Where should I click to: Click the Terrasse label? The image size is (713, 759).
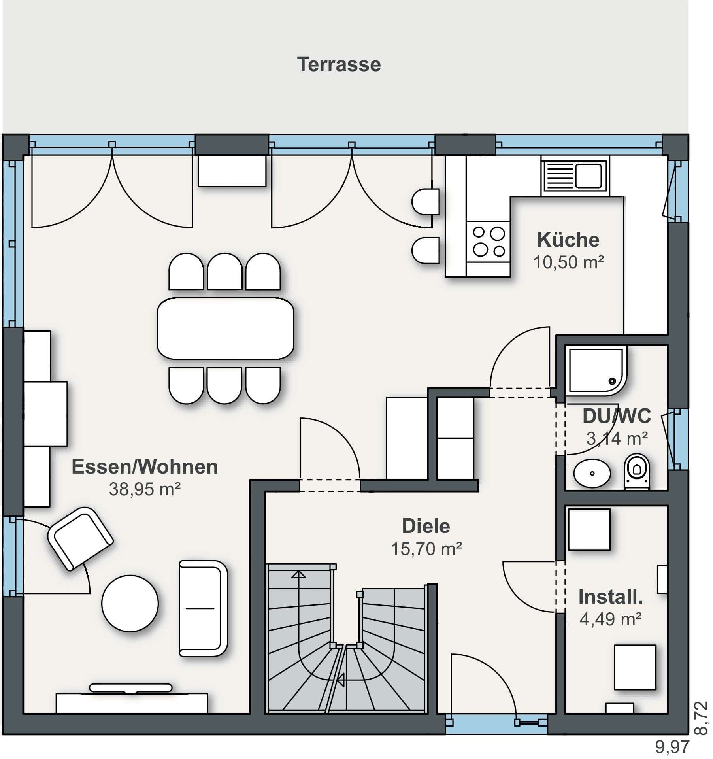point(339,64)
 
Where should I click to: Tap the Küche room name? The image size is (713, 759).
point(568,240)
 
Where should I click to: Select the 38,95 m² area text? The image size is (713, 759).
point(145,489)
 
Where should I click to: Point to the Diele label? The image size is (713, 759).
point(426,526)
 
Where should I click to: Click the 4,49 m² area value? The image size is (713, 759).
point(610,619)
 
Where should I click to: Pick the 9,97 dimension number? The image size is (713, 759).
point(672,747)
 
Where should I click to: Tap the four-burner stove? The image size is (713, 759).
point(489,242)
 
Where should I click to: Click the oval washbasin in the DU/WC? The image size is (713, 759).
point(592,473)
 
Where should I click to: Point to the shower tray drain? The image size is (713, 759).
point(612,381)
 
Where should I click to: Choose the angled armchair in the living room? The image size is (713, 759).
point(80,539)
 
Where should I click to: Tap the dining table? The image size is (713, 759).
point(226,329)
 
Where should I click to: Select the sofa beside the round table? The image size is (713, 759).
point(203,608)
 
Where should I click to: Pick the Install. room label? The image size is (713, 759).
point(611,597)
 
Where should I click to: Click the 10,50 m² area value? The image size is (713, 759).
point(568,262)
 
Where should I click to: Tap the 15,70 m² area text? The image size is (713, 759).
point(426,549)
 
